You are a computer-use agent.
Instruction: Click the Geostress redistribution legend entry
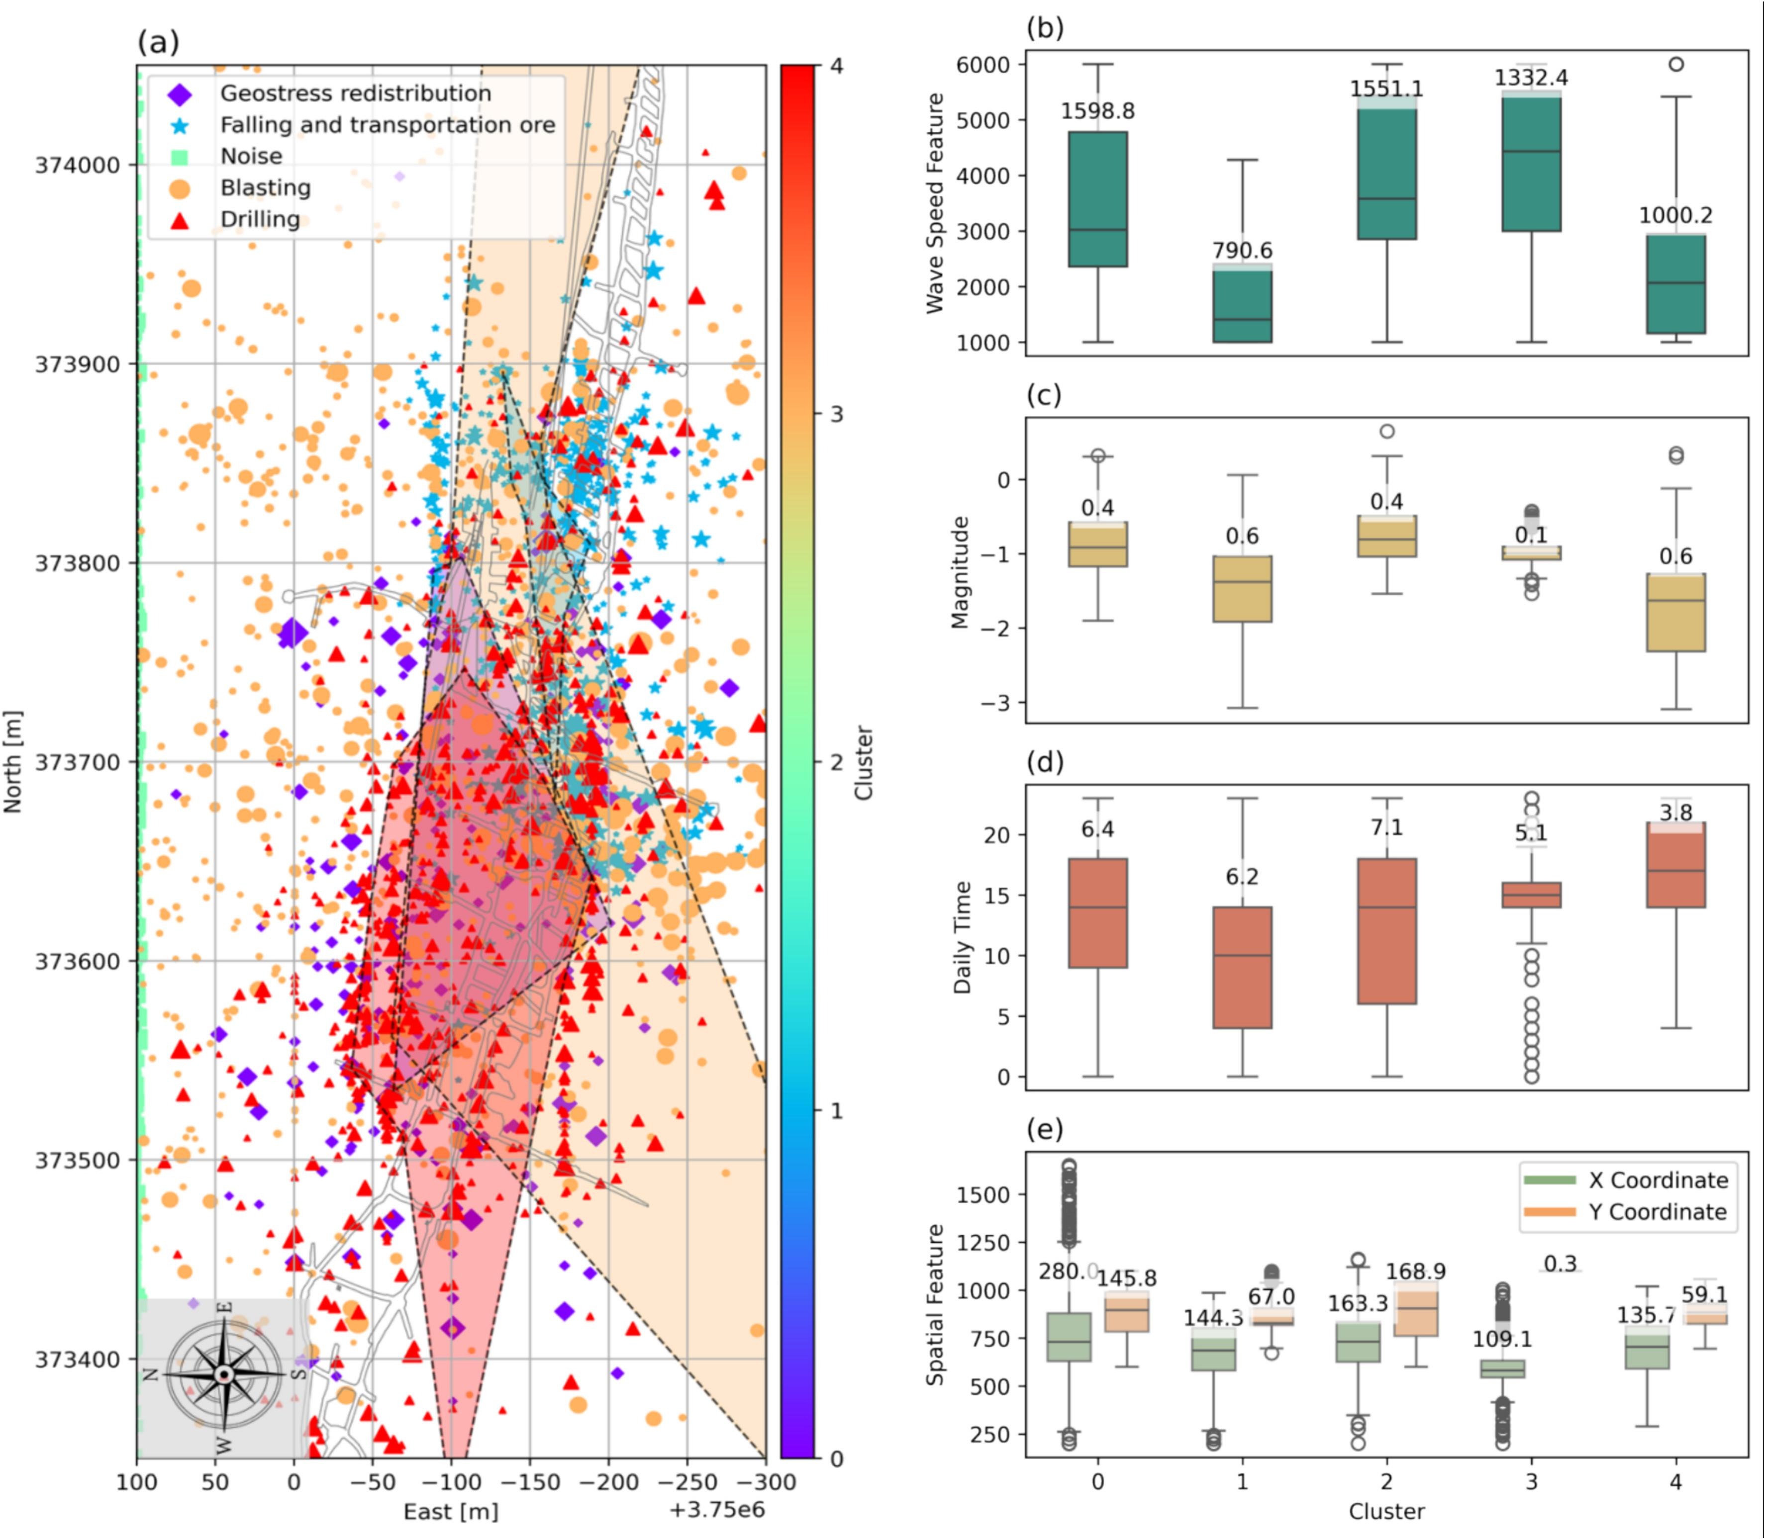355,93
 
